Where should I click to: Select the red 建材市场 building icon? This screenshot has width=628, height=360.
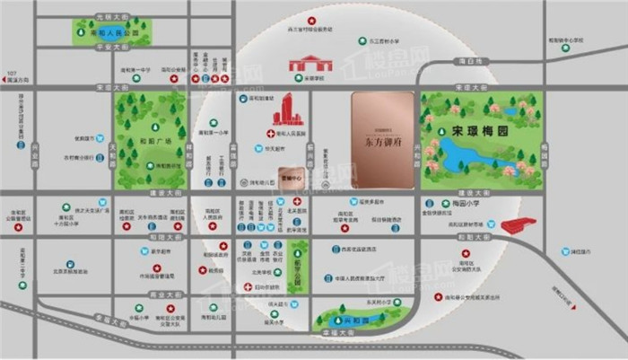click(x=519, y=225)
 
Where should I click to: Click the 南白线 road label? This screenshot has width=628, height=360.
click(x=462, y=61)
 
